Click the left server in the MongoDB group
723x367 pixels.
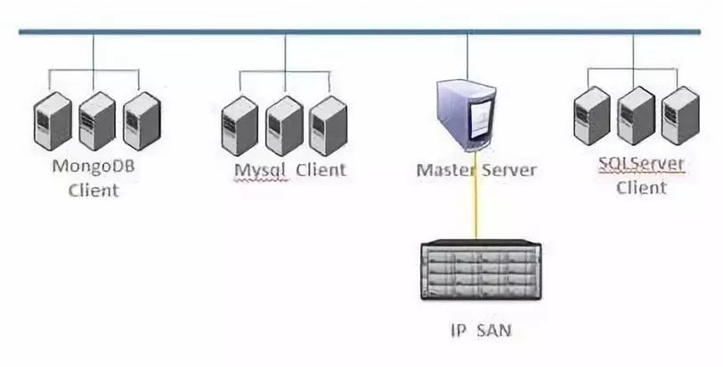[x=53, y=121]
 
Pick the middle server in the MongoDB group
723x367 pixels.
[x=96, y=121]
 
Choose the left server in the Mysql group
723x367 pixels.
[x=240, y=125]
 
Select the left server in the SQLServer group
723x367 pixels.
[x=592, y=116]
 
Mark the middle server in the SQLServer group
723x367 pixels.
[x=636, y=116]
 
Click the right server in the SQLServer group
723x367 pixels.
[x=679, y=116]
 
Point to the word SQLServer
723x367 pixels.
[x=641, y=164]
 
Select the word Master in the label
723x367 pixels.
[x=446, y=169]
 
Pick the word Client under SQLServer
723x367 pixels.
[x=641, y=187]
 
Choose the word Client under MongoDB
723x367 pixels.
[x=93, y=190]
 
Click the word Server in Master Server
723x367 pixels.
[x=508, y=169]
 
